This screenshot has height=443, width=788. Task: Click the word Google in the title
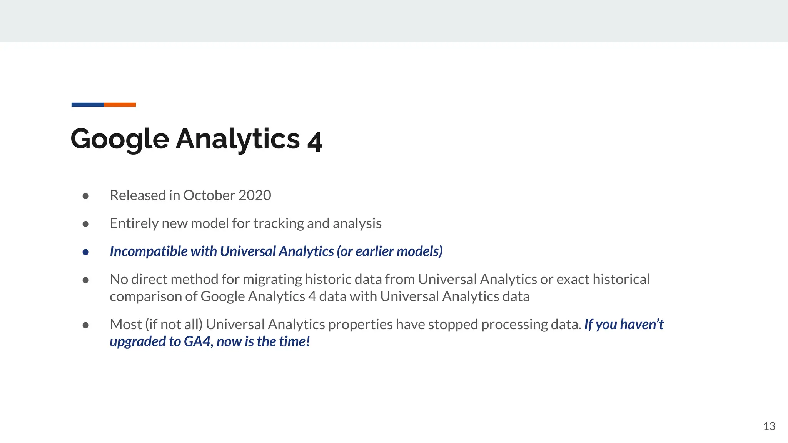[120, 139]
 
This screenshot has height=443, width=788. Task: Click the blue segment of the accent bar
[87, 105]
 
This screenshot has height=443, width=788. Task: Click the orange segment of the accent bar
[120, 105]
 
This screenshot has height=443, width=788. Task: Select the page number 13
[769, 426]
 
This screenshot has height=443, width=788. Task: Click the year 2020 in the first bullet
[254, 195]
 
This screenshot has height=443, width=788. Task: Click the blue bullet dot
[86, 252]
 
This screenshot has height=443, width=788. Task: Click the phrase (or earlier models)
[389, 251]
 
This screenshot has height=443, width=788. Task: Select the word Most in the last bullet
[126, 325]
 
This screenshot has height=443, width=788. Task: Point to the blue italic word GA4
[198, 341]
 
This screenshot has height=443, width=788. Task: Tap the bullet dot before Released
[86, 196]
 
